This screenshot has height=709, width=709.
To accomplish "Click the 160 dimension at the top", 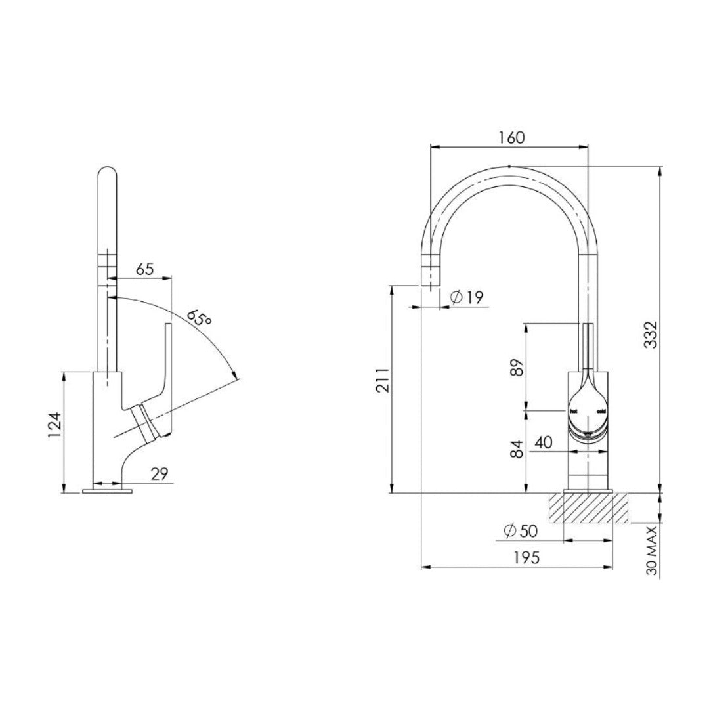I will tap(511, 138).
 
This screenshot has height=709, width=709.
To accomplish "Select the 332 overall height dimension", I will tap(650, 335).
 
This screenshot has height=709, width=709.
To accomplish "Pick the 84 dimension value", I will tap(517, 449).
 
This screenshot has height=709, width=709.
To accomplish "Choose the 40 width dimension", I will tap(543, 442).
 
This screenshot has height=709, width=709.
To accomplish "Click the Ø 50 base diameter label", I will tap(519, 530).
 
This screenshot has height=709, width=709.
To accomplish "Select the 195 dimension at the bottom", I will tap(526, 557).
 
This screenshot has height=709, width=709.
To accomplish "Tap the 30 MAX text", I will tap(652, 551).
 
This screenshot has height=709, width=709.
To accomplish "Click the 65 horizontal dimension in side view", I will tap(144, 269).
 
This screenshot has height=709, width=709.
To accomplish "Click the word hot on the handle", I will tap(573, 411).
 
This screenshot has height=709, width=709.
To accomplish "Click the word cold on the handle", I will tap(601, 411).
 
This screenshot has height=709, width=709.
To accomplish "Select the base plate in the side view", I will tap(108, 490).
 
